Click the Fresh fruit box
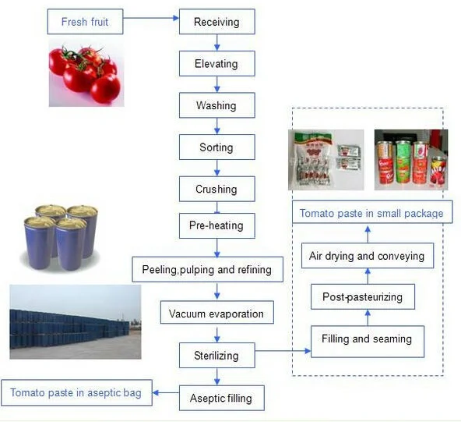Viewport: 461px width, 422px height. pyautogui.click(x=85, y=22)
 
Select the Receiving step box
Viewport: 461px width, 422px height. pyautogui.click(x=216, y=22)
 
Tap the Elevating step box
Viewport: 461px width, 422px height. pyautogui.click(x=216, y=64)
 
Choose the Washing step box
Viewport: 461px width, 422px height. pyautogui.click(x=216, y=105)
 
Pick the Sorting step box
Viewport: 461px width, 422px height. pyautogui.click(x=216, y=147)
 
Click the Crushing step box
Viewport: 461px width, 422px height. pyautogui.click(x=216, y=189)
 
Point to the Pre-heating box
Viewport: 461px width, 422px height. pyautogui.click(x=216, y=226)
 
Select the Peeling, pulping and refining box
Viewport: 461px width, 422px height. pyautogui.click(x=206, y=270)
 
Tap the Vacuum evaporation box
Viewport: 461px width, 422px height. pyautogui.click(x=216, y=314)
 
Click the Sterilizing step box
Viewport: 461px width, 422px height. pyautogui.click(x=216, y=356)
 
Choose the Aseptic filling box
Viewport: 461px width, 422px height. pyautogui.click(x=221, y=398)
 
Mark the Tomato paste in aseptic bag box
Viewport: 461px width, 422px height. pyautogui.click(x=76, y=392)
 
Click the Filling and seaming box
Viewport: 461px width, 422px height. pyautogui.click(x=367, y=339)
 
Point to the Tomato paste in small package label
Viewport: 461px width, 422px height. pyautogui.click(x=371, y=213)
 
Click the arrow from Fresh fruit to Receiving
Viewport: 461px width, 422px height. pyautogui.click(x=150, y=22)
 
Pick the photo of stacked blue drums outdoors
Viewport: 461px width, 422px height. pyautogui.click(x=75, y=321)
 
